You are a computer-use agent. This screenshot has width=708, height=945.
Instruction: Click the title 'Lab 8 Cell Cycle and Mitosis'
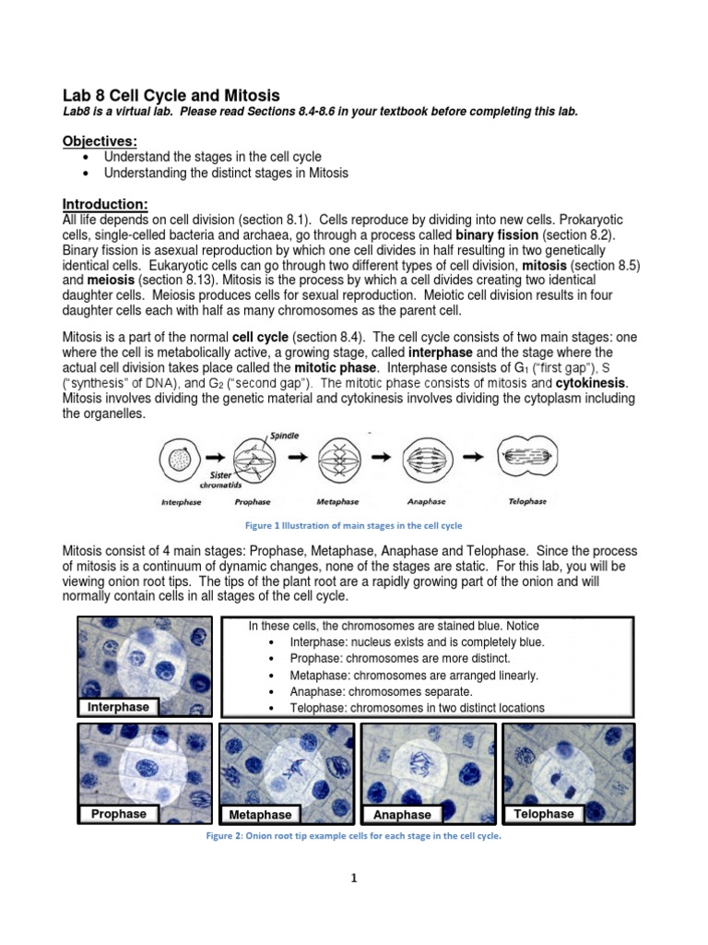pos(171,96)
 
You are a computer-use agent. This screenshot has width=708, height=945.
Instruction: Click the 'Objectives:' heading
pos(100,140)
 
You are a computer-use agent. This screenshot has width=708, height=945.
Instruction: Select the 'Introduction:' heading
pos(104,204)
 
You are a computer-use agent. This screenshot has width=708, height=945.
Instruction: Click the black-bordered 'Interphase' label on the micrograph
pos(118,707)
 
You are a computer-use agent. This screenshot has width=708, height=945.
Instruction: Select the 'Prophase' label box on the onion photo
pos(118,814)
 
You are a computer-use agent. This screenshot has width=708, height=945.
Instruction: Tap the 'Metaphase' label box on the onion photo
pos(261,815)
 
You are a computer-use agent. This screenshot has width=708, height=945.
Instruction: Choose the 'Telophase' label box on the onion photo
pos(544,814)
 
